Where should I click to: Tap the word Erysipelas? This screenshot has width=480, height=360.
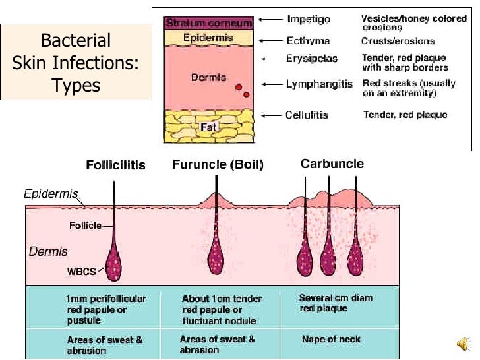311,59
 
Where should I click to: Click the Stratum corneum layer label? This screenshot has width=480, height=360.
208,23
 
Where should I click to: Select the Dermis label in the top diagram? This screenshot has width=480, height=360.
208,77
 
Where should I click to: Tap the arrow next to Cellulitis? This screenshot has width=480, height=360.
270,115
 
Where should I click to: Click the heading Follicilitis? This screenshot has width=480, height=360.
115,165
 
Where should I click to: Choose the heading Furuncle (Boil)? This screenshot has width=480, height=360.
218,165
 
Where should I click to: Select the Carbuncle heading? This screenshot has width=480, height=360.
332,164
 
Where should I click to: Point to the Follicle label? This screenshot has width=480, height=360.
85,225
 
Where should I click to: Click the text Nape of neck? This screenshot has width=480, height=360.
330,339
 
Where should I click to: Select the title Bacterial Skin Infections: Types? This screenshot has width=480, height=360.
75,63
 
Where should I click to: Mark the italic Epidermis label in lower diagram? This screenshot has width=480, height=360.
51,195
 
